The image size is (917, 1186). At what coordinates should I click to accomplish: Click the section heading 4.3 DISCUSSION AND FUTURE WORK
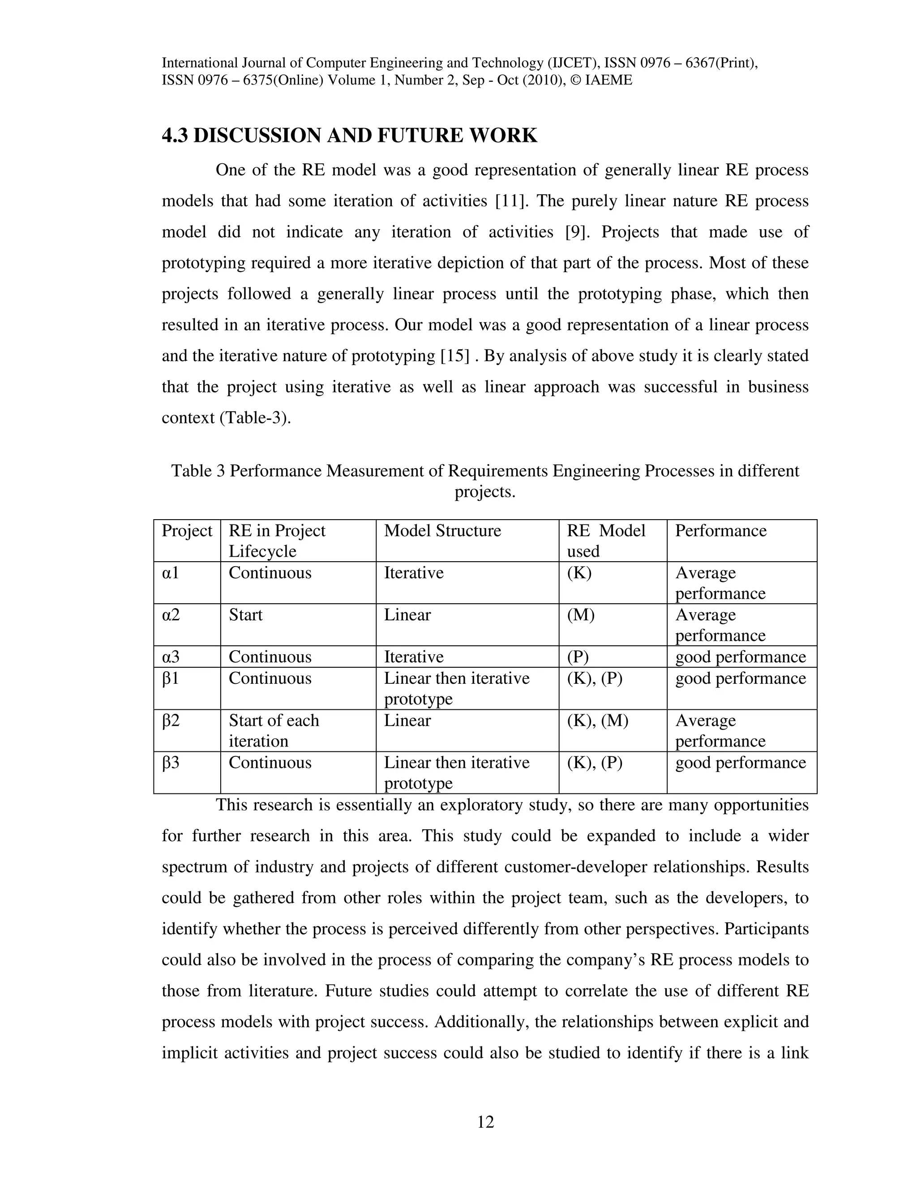(349, 136)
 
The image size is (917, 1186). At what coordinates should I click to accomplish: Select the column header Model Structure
(442, 530)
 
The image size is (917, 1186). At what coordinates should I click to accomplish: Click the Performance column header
(720, 530)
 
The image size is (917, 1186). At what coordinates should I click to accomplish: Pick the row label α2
(171, 615)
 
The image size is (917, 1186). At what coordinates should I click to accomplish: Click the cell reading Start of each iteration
(273, 730)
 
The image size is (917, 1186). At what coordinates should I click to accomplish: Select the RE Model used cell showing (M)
(580, 615)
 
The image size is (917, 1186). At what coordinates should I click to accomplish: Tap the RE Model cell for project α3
(578, 657)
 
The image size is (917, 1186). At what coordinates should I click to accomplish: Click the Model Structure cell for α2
(407, 615)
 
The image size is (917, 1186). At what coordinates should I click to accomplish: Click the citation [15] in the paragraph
(454, 356)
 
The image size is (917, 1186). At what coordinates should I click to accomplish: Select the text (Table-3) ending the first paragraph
(255, 418)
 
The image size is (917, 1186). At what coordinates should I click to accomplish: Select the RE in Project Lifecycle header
(277, 540)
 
